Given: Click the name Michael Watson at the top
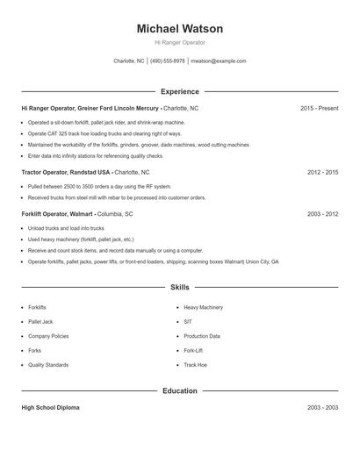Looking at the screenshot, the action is coord(180,29).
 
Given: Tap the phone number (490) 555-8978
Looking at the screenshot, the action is coord(167,61).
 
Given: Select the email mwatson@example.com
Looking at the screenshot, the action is coord(219,61).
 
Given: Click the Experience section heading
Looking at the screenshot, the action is coord(180,91).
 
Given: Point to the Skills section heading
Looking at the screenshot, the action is coord(180,287).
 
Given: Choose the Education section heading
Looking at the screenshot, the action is coord(180,390).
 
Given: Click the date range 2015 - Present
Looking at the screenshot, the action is coord(319,108).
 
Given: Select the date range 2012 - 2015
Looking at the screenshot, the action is coord(322,173).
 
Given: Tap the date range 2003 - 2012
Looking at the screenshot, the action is coord(322,213).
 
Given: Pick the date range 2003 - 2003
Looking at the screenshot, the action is coord(322,408).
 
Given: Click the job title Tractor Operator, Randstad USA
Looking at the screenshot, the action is coord(66,173).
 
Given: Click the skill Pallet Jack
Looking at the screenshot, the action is coord(40,322).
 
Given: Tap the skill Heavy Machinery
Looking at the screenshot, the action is coord(203,308).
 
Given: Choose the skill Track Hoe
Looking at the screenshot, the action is coord(195,364).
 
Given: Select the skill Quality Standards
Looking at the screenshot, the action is coord(47,364).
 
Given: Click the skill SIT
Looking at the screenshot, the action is coord(188,322).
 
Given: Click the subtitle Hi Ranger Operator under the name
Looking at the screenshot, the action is coord(180,42).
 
